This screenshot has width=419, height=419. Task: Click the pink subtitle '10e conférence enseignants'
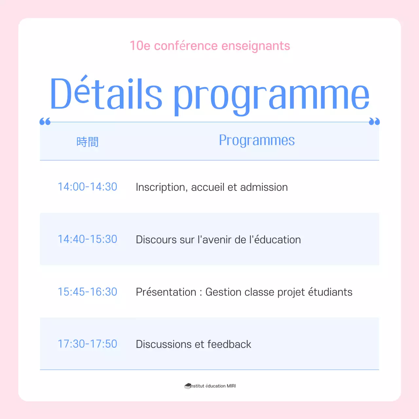210,46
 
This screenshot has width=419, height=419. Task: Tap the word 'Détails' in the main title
106,94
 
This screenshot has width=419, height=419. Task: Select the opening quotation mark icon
45,122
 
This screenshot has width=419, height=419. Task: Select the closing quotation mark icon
374,122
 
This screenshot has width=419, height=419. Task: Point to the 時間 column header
87,142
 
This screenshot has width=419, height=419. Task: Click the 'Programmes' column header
257,140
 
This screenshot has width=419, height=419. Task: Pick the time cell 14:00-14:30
87,187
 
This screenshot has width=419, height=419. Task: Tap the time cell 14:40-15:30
87,239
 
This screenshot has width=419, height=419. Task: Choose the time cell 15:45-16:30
87,292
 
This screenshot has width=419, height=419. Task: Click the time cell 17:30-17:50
87,344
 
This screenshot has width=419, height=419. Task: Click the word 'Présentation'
166,292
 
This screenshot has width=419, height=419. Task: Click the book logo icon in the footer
188,386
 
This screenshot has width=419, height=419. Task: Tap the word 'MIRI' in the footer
231,386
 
